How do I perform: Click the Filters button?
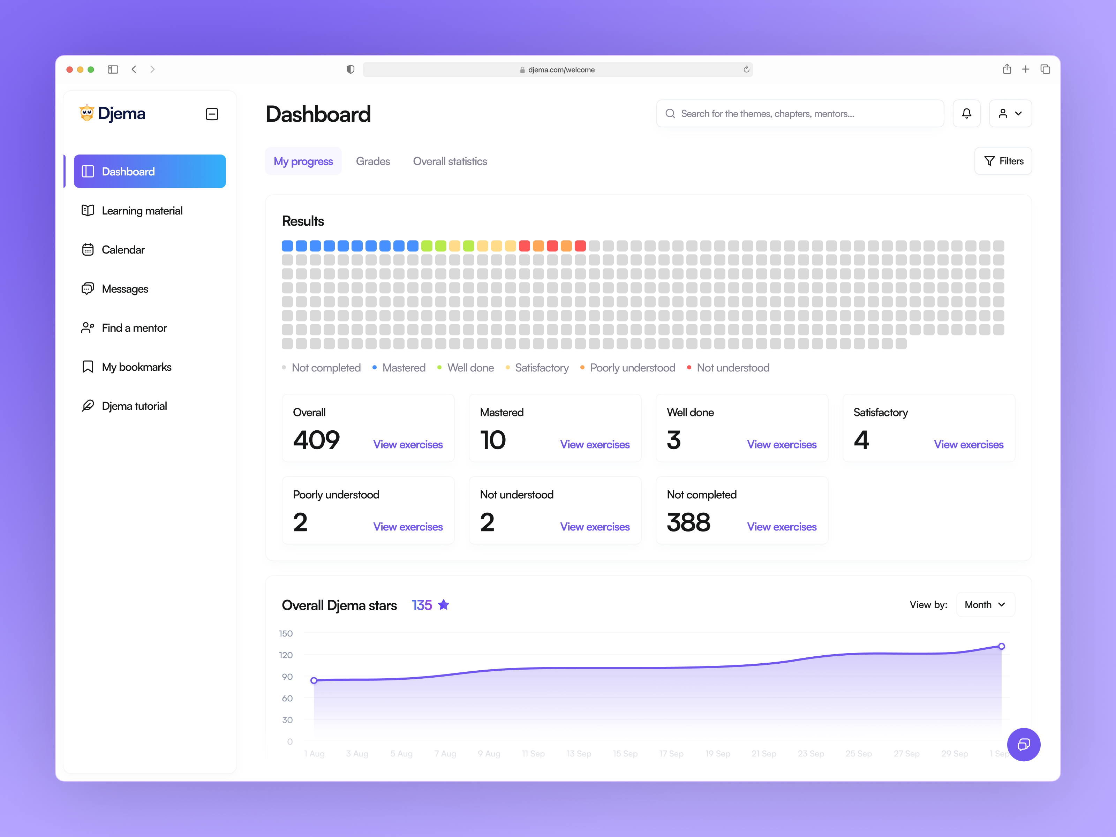pyautogui.click(x=1003, y=161)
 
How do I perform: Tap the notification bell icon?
pyautogui.click(x=966, y=113)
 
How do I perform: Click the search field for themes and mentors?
pyautogui.click(x=800, y=113)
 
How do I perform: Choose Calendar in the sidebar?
pyautogui.click(x=123, y=250)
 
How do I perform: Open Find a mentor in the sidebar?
pyautogui.click(x=134, y=328)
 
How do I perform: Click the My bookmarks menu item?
pyautogui.click(x=136, y=367)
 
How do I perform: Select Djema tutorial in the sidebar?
pyautogui.click(x=134, y=406)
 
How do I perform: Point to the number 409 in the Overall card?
pyautogui.click(x=316, y=440)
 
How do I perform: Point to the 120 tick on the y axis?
pyautogui.click(x=286, y=655)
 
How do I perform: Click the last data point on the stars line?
pyautogui.click(x=1002, y=646)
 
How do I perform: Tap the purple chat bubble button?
pyautogui.click(x=1023, y=744)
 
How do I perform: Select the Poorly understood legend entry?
pyautogui.click(x=632, y=368)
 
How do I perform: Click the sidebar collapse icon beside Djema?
pyautogui.click(x=212, y=114)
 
